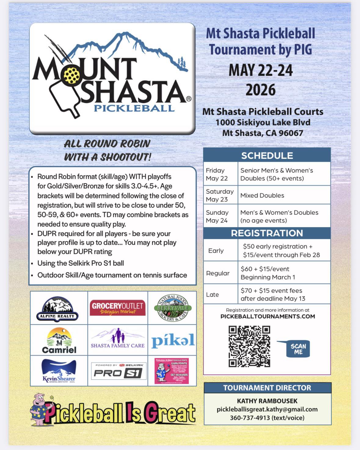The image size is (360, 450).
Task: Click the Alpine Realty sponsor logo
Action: tap(57, 309)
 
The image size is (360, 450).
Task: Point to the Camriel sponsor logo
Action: tap(59, 340)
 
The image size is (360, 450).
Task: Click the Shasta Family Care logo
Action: tap(118, 339)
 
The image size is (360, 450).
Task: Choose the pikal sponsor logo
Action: tap(173, 340)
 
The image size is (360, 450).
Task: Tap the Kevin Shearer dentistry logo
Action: tap(59, 371)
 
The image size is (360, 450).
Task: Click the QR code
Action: tap(249, 346)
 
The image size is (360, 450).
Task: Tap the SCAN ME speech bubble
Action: tap(298, 349)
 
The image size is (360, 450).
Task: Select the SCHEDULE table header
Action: tap(267, 156)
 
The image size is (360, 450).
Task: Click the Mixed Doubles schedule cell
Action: tap(262, 195)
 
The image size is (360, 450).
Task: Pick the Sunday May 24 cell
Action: tap(217, 216)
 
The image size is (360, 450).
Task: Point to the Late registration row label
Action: tap(213, 294)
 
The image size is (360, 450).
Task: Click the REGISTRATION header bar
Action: tap(267, 233)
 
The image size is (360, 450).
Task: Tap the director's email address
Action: tap(267, 409)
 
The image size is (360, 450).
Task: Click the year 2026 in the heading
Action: tap(260, 90)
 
